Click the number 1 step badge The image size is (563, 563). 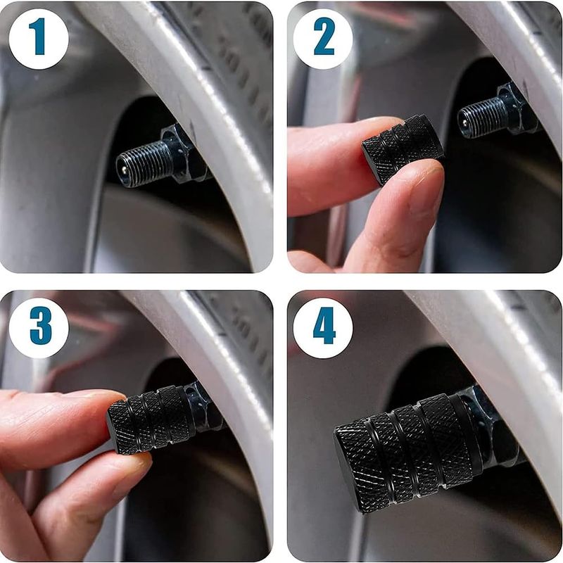click(x=39, y=39)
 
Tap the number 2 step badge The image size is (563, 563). click(x=323, y=39)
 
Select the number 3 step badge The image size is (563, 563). click(x=39, y=328)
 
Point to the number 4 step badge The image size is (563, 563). click(x=323, y=328)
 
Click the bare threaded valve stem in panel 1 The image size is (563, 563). click(x=143, y=164)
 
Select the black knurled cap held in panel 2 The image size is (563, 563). click(x=402, y=149)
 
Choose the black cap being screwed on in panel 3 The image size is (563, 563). click(x=150, y=418)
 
